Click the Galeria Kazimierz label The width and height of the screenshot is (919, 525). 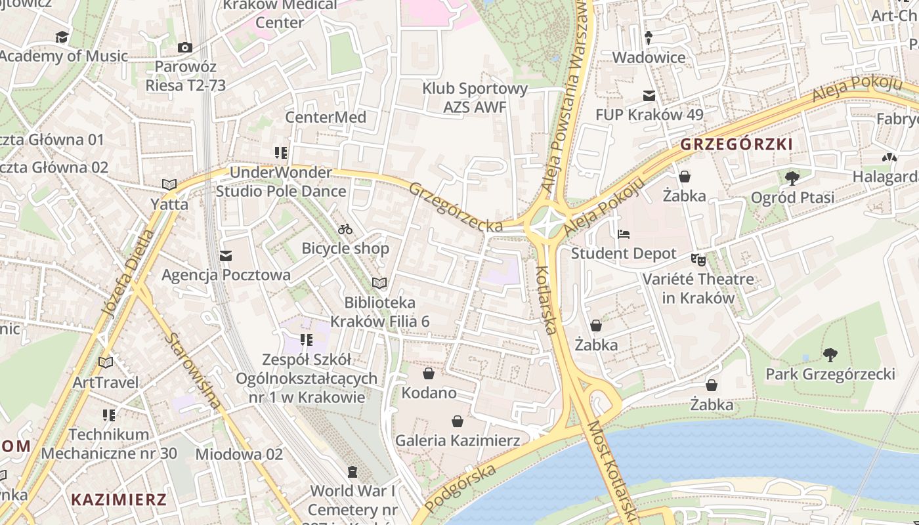(457, 440)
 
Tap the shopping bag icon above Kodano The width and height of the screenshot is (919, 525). (429, 373)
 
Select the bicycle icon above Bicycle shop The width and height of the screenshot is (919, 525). (345, 229)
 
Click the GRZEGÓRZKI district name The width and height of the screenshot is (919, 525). (737, 144)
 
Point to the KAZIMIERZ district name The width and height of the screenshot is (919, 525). (119, 499)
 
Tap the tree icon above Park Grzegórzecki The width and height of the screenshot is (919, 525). (830, 355)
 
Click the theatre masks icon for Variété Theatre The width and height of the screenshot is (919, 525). (698, 260)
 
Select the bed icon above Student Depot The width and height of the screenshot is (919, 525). (623, 234)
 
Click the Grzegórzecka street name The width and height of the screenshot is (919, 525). (456, 207)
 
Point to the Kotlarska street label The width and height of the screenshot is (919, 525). (547, 300)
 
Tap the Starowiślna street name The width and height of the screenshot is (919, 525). (194, 371)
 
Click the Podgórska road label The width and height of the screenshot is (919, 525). (460, 488)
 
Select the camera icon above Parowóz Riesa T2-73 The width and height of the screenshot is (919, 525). (185, 47)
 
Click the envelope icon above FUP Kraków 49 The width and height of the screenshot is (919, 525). (649, 96)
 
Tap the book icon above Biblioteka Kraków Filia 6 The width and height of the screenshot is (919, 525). (379, 283)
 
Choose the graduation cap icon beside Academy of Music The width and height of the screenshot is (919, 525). (62, 37)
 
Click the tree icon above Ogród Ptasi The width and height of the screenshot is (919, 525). (792, 178)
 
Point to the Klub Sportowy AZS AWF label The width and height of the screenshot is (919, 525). (475, 97)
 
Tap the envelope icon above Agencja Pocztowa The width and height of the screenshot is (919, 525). (226, 255)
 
